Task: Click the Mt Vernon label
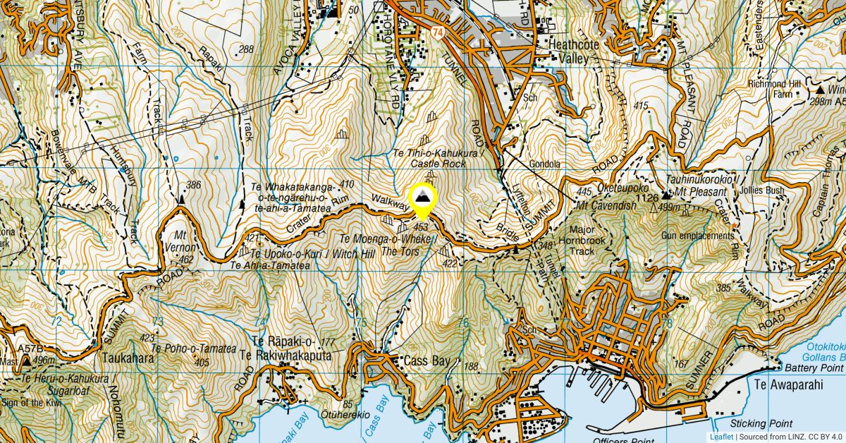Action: (184, 243)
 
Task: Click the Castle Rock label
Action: (439, 164)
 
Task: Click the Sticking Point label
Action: (762, 423)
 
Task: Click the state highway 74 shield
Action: (439, 32)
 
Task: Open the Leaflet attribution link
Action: (721, 437)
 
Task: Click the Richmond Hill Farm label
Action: (775, 89)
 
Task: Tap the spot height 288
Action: (246, 49)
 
